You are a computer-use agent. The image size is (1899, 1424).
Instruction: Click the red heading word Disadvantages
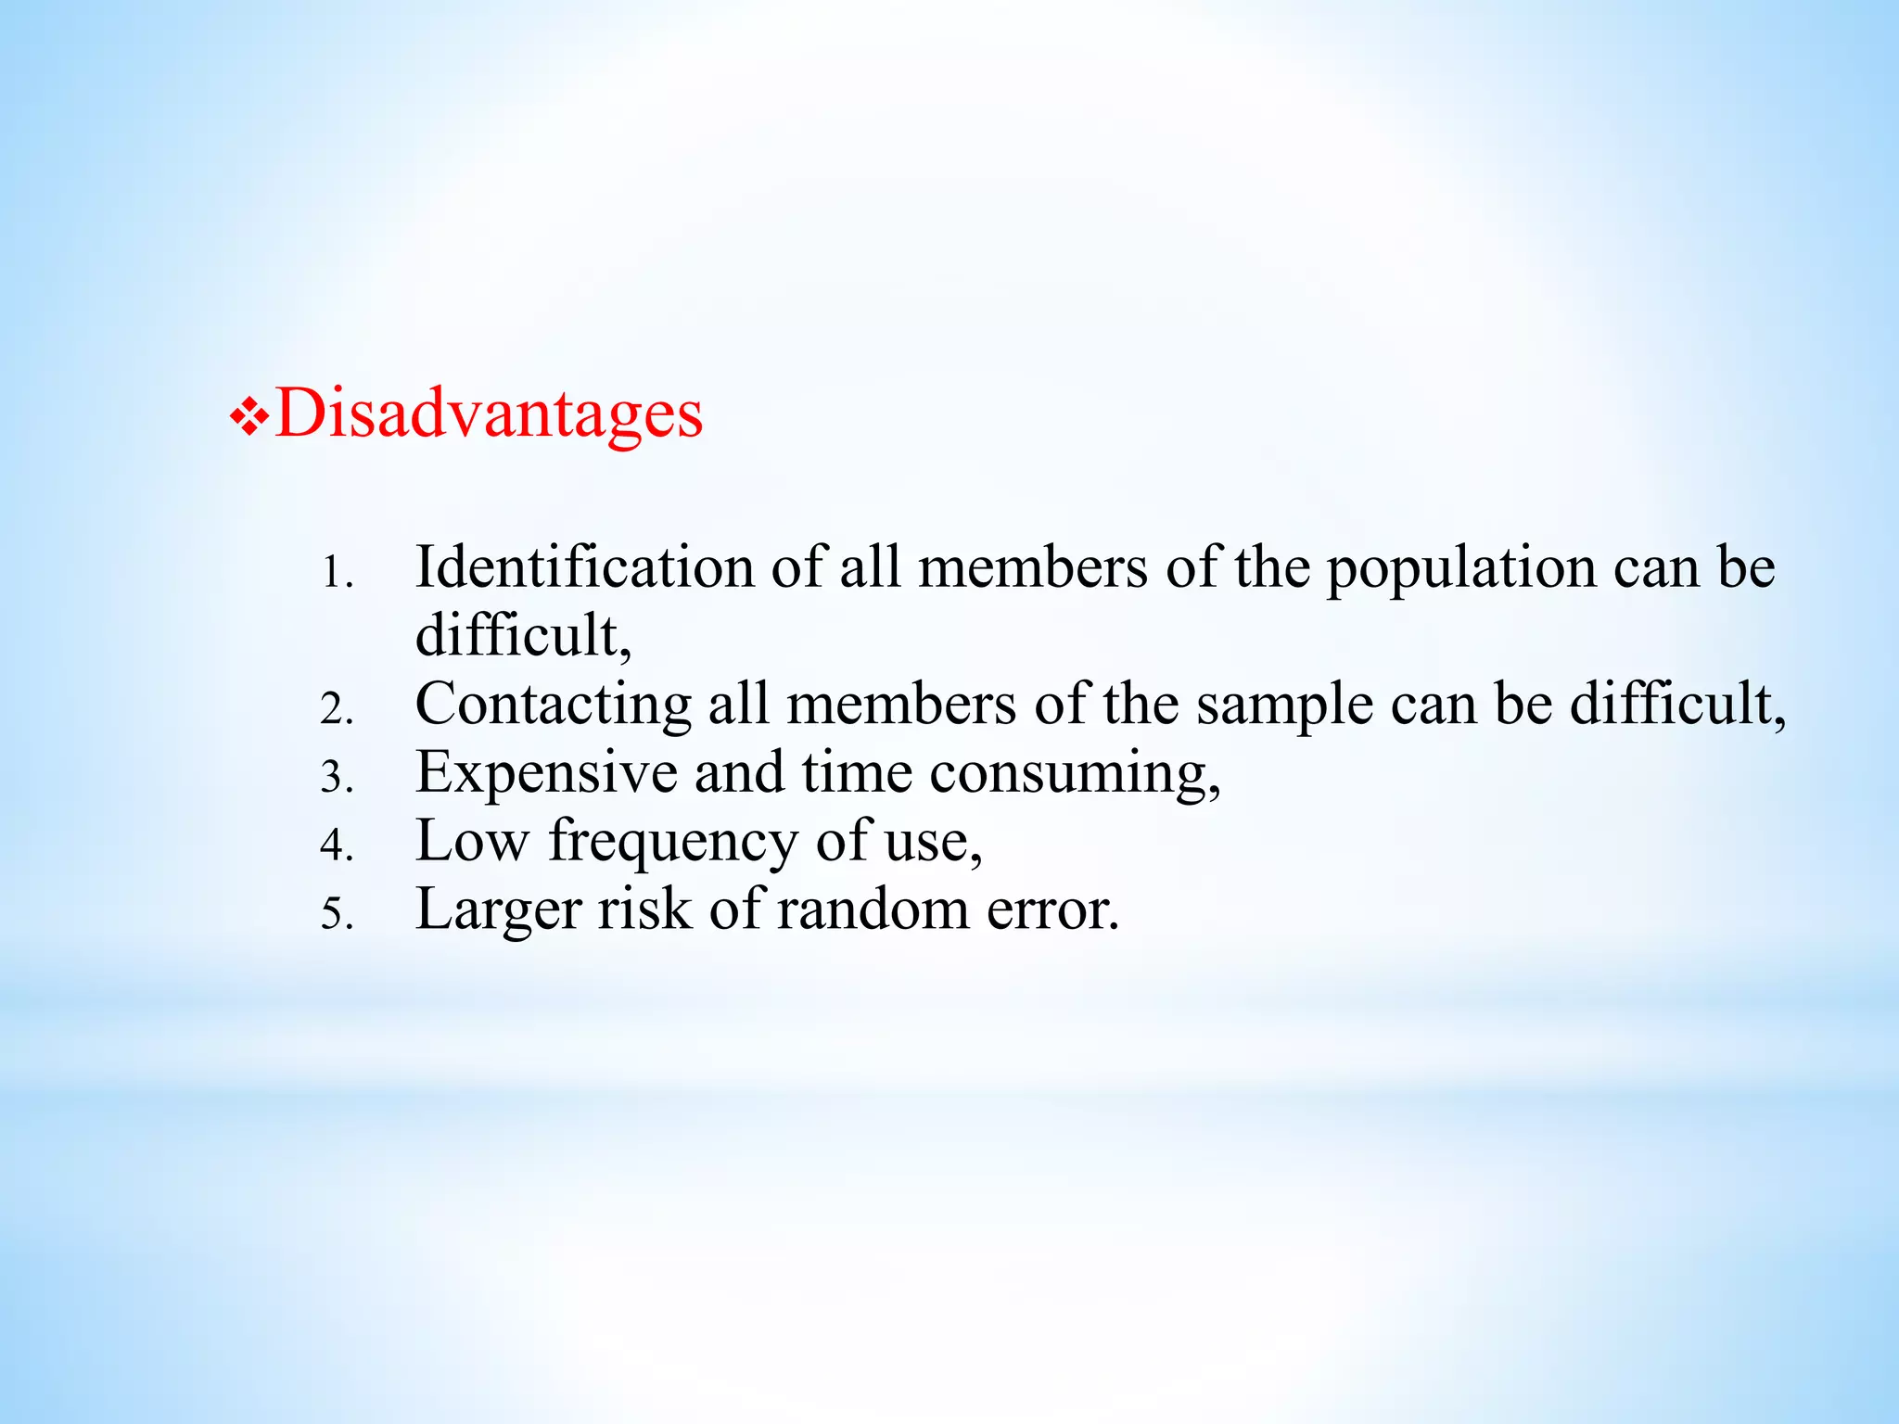point(489,413)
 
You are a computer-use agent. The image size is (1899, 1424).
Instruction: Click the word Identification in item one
point(584,567)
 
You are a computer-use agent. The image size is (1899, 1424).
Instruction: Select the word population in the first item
point(1461,569)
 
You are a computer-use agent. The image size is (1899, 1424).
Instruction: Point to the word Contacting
point(553,705)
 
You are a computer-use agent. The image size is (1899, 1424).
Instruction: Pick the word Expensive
point(546,773)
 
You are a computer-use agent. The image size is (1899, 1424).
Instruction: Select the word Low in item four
point(472,842)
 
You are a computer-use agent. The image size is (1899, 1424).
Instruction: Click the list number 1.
point(336,575)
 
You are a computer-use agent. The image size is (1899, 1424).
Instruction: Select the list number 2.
point(337,711)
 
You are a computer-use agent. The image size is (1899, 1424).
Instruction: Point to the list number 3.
point(337,779)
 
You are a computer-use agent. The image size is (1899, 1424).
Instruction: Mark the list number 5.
point(337,916)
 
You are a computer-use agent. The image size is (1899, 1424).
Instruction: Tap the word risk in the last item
point(644,909)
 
